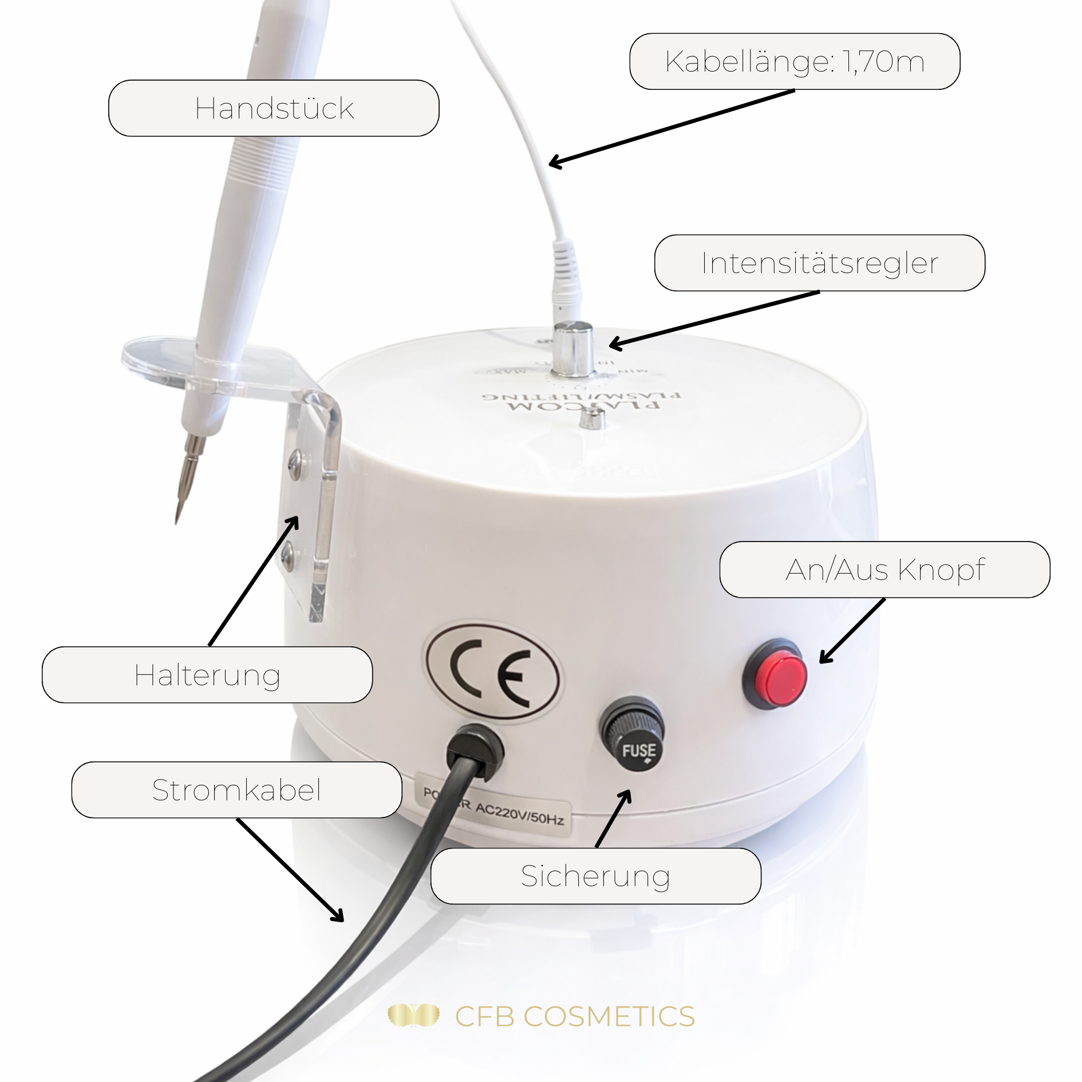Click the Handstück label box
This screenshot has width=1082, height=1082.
point(274,108)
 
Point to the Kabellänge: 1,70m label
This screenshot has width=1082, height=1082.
point(795,61)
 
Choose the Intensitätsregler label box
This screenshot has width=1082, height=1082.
point(819,263)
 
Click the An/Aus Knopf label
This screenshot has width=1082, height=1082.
point(884,570)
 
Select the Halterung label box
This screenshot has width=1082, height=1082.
point(207,675)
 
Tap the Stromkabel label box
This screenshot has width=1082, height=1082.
point(236,790)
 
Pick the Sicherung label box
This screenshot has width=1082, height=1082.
point(595,876)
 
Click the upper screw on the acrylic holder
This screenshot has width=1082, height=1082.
point(295,461)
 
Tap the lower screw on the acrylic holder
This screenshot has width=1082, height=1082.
point(288,555)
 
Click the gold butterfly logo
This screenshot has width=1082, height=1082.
point(413,1016)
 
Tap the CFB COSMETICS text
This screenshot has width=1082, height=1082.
point(574,1017)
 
